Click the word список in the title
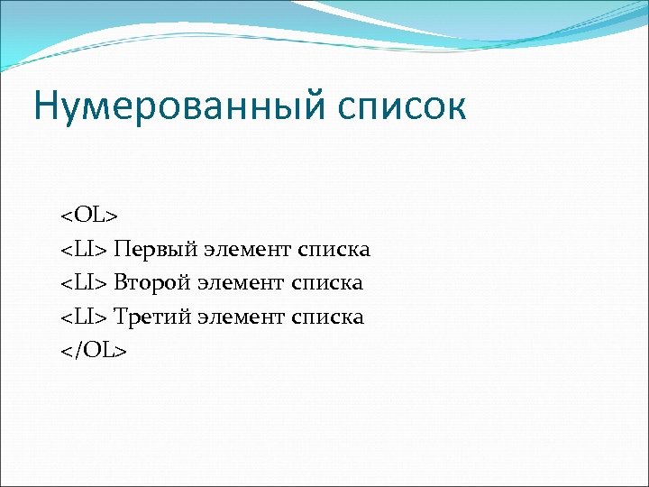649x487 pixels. pyautogui.click(x=401, y=106)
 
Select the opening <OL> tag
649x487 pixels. pyautogui.click(x=89, y=216)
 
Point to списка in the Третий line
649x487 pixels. pyautogui.click(x=328, y=317)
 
